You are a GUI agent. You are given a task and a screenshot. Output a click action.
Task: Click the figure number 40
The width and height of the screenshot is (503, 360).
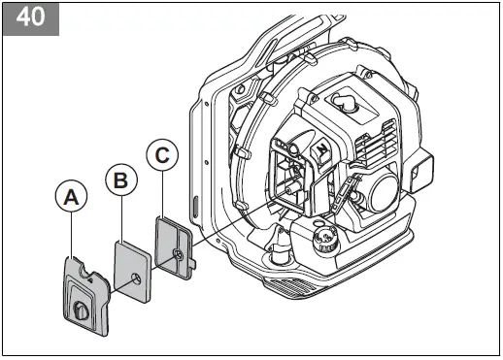tap(30, 20)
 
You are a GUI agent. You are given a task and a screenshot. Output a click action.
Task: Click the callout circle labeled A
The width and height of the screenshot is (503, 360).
tap(70, 197)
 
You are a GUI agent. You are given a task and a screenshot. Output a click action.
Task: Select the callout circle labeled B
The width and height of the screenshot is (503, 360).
tap(119, 180)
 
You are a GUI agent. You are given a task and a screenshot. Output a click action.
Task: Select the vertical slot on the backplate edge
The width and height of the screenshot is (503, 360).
tap(195, 210)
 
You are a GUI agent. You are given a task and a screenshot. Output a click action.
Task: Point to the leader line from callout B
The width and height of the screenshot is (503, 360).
tap(119, 215)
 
